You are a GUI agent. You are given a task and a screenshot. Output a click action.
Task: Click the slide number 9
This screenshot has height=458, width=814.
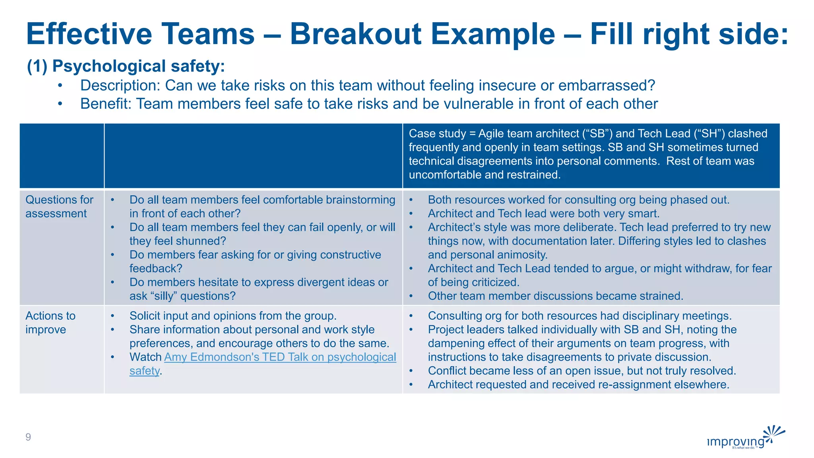tap(28, 437)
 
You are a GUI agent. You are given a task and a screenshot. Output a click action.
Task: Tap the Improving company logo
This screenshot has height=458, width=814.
tap(745, 439)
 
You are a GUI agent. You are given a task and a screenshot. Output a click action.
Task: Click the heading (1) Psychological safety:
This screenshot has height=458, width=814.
tap(126, 66)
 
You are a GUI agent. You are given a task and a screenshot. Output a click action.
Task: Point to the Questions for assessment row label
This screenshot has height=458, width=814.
tap(59, 207)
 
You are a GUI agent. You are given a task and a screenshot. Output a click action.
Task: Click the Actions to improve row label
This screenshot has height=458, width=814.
tap(50, 322)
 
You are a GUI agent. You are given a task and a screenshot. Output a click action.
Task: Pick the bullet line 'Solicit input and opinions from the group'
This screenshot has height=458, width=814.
tap(233, 316)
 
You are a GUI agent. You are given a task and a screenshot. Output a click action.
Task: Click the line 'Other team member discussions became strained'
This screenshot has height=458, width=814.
tap(555, 296)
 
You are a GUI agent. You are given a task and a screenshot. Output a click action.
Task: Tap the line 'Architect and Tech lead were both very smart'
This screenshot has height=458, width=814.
tap(543, 214)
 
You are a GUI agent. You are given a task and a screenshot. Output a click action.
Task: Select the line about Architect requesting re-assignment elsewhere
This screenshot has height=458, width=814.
tap(578, 385)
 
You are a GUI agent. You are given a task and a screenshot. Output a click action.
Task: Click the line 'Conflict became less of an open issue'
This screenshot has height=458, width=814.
tap(582, 371)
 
